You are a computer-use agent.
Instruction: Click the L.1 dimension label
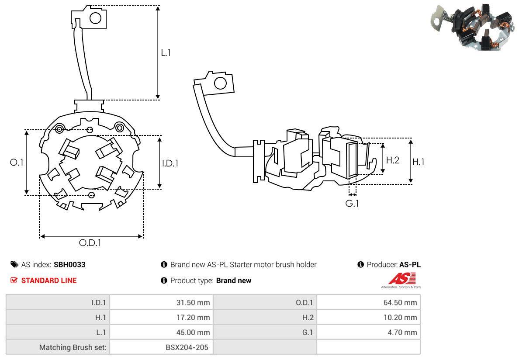[x=166, y=52]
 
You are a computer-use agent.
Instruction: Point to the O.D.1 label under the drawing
[x=90, y=243]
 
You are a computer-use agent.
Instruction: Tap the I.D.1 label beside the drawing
[x=170, y=163]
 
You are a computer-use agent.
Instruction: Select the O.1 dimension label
[x=16, y=162]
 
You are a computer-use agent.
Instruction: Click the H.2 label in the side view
[x=392, y=160]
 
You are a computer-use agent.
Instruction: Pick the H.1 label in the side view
[x=418, y=162]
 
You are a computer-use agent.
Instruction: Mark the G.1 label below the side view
[x=352, y=203]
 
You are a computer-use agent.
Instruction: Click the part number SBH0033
[x=69, y=264]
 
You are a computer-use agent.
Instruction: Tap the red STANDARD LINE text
[x=48, y=280]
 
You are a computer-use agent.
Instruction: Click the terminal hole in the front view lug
[x=96, y=18]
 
